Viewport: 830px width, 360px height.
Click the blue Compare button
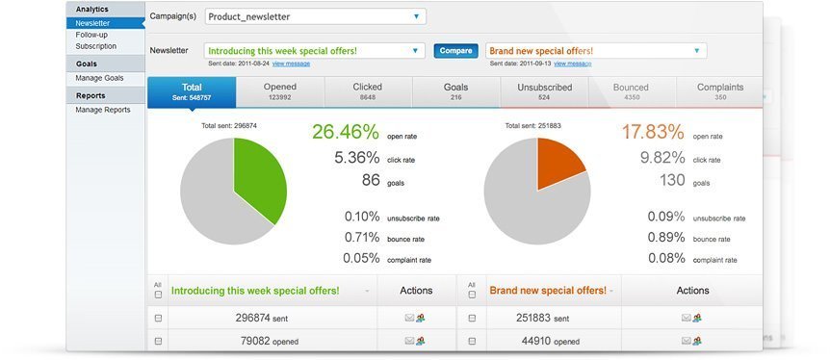click(x=455, y=50)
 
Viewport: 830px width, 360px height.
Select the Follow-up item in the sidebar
click(x=91, y=35)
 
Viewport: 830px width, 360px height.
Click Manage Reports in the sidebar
click(x=103, y=110)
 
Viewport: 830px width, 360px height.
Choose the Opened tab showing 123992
click(x=279, y=91)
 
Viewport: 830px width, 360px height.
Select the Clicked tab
click(x=367, y=91)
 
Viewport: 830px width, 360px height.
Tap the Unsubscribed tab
click(x=544, y=91)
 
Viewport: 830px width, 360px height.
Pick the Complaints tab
click(x=719, y=91)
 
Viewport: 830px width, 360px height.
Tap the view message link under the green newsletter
click(x=291, y=64)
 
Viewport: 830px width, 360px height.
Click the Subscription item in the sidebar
click(x=95, y=46)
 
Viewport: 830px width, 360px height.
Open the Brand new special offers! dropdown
click(x=596, y=50)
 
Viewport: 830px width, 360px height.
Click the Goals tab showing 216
click(x=455, y=91)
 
